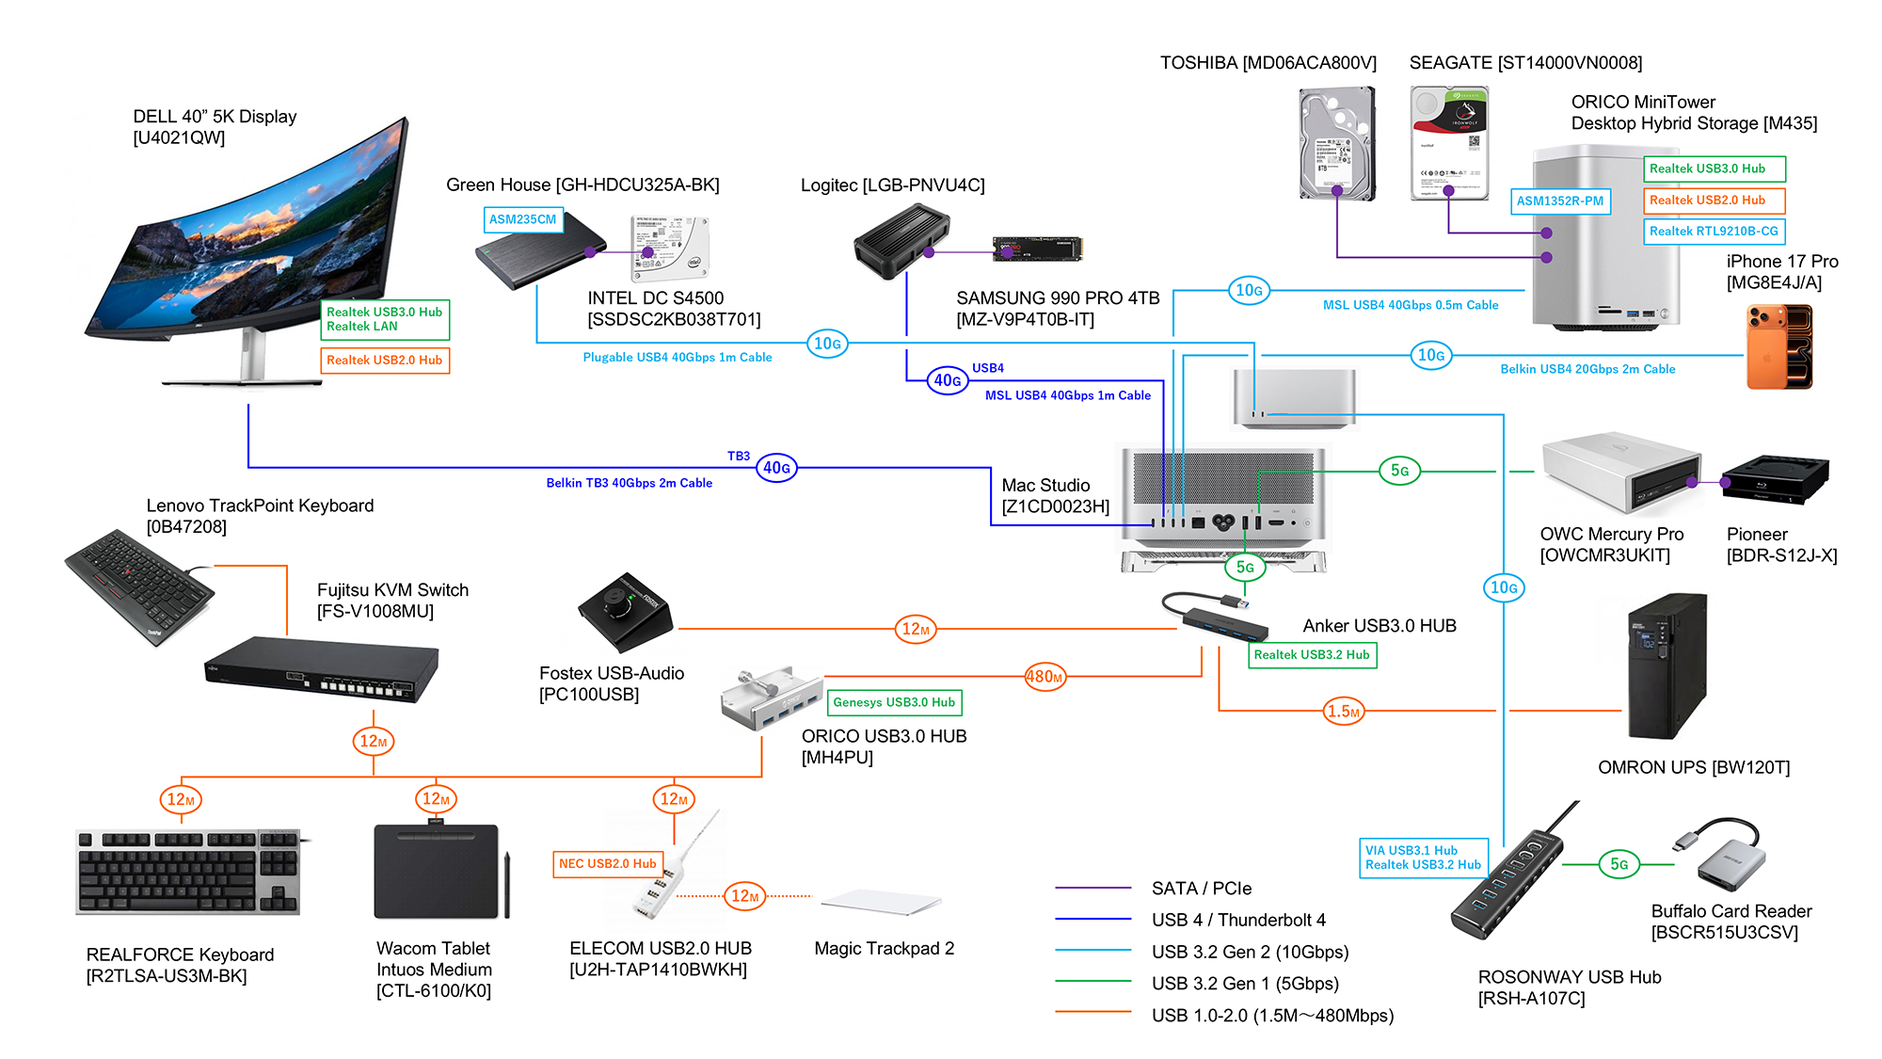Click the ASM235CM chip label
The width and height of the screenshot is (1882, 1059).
coord(523,219)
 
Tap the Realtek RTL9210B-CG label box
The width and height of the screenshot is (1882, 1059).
coord(1714,232)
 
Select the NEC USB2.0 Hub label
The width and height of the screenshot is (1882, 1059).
coord(608,864)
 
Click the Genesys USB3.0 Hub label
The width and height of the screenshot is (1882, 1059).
coord(894,702)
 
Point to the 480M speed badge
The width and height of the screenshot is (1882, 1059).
coord(1045,677)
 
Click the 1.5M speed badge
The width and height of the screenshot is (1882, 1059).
coord(1344,712)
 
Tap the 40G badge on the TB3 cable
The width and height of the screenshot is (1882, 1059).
coord(777,468)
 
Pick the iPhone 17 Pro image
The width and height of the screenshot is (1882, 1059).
coord(1778,346)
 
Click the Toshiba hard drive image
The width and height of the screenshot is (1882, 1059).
coord(1337,143)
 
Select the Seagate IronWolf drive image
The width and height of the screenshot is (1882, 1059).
coord(1449,143)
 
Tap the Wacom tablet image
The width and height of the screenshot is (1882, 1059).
coord(438,872)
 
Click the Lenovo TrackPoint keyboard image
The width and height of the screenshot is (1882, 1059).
coord(139,586)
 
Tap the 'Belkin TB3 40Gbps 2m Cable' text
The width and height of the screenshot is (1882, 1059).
coord(629,483)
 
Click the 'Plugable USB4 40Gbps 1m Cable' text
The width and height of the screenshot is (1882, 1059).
coord(678,358)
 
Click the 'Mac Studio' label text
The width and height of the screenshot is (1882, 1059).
coord(1045,486)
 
